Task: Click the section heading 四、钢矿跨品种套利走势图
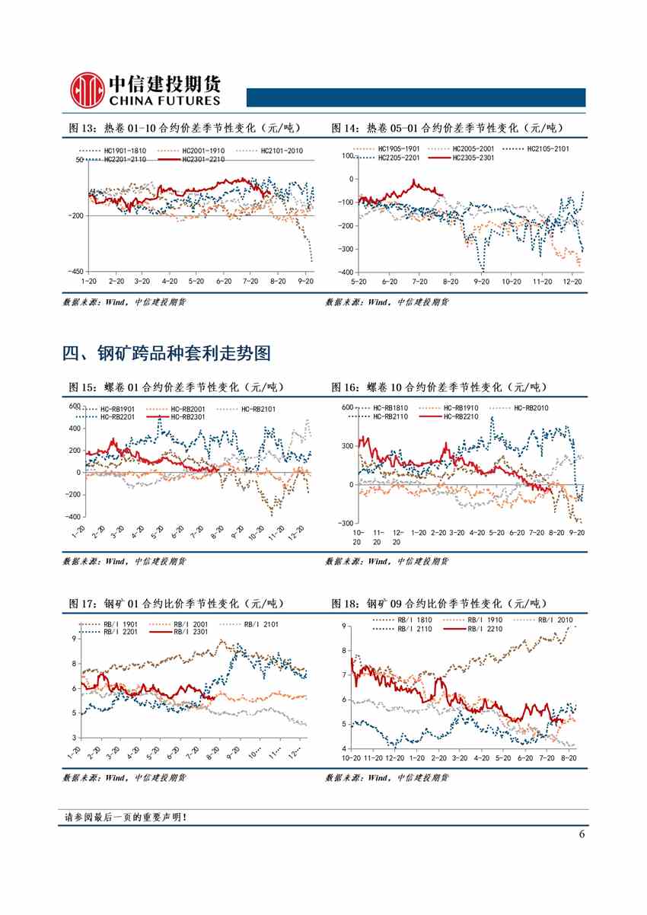166,353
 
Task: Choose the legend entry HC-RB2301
188,416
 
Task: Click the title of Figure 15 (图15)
176,387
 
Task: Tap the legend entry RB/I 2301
190,631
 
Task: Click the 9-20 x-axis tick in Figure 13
305,282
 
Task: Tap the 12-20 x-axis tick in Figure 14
572,282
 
